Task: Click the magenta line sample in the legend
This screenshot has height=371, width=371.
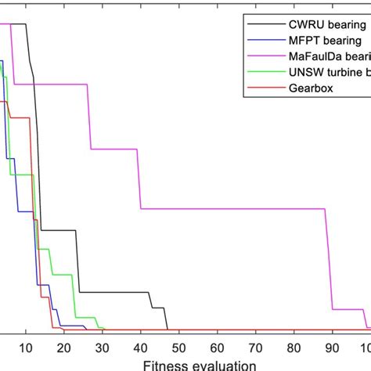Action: click(261, 56)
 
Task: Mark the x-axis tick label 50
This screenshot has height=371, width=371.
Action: click(179, 348)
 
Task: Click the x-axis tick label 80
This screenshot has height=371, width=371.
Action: click(294, 348)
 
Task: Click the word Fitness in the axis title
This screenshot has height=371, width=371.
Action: click(165, 364)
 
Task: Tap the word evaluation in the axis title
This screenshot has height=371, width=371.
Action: click(222, 364)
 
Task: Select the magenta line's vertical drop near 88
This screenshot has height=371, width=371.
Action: click(329, 258)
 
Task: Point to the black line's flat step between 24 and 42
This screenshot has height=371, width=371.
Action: click(113, 292)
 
